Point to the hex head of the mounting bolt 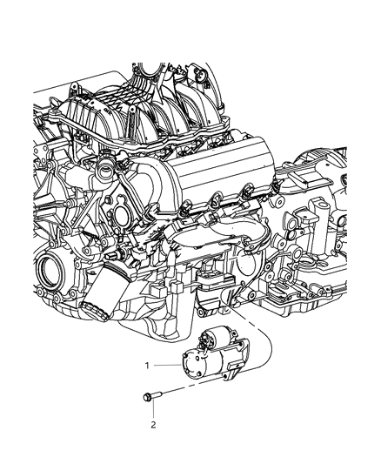click(x=145, y=399)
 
